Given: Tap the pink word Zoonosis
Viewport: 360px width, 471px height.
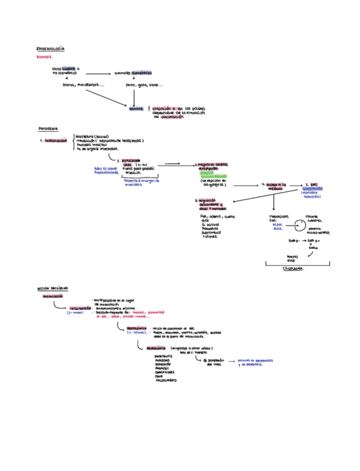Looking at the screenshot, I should pyautogui.click(x=44, y=57).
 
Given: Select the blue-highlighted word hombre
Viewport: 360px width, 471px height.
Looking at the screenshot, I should pyautogui.click(x=136, y=109).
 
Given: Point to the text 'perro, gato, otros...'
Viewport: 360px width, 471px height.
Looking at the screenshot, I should pyautogui.click(x=144, y=85).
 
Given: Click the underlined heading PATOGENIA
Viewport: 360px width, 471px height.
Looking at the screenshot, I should pyautogui.click(x=48, y=128).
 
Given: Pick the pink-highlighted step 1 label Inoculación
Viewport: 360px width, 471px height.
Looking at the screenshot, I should pyautogui.click(x=56, y=141).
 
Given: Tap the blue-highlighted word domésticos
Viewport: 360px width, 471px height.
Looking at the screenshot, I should pyautogui.click(x=142, y=73).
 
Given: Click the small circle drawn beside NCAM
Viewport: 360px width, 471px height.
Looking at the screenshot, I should pyautogui.click(x=299, y=226).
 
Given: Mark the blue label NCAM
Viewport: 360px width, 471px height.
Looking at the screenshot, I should pyautogui.click(x=278, y=224).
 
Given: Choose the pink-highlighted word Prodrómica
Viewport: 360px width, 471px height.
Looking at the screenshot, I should pyautogui.click(x=137, y=328).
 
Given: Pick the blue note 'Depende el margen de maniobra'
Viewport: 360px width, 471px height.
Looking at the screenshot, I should pyautogui.click(x=141, y=182).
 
